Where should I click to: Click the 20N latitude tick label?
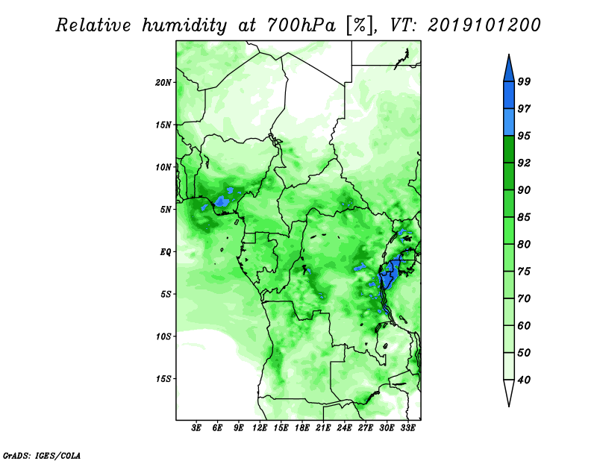(163, 82)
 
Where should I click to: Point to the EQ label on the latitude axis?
(166, 252)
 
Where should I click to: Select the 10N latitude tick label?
(163, 167)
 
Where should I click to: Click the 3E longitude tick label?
(196, 427)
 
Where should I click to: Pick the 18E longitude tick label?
(301, 427)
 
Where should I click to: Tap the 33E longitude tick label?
(407, 427)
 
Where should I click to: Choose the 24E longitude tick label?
(344, 427)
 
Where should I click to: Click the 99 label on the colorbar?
(524, 81)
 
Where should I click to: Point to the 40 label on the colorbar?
(524, 380)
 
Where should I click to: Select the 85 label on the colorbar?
(524, 217)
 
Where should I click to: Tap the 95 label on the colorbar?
(524, 136)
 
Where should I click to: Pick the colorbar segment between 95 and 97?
(509, 122)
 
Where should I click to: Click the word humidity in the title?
(184, 25)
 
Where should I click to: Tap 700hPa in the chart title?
(301, 25)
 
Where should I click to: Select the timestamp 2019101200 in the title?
(484, 25)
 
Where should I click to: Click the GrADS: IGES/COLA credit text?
(42, 455)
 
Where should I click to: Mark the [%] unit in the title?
(360, 25)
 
